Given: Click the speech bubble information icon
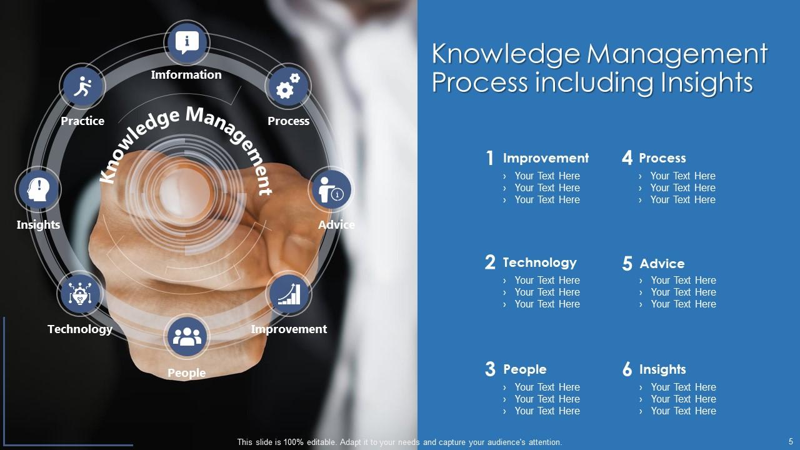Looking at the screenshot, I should [x=186, y=42].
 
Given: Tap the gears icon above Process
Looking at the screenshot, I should [x=288, y=87].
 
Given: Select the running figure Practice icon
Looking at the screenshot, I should [x=82, y=87].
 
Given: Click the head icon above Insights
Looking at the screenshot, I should [x=38, y=189].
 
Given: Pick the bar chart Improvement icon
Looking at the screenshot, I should [x=288, y=294].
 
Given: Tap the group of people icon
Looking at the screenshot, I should [x=186, y=337].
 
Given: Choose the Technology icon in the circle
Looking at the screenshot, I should [x=79, y=294].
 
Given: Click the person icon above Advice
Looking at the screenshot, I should [x=331, y=189].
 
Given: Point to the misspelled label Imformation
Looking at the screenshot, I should [x=186, y=75].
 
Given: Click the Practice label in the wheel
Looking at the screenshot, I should [x=82, y=121].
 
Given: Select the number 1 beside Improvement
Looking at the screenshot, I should [x=490, y=158].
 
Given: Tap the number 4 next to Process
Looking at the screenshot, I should [x=627, y=158].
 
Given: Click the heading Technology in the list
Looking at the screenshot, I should [x=539, y=262].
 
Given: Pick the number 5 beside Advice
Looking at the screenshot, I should [x=627, y=264].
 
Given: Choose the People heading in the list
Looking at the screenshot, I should [x=524, y=369].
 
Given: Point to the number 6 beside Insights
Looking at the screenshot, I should [x=627, y=369].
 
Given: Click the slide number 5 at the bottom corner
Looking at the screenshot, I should [x=791, y=441].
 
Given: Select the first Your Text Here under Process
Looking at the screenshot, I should [x=682, y=176].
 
